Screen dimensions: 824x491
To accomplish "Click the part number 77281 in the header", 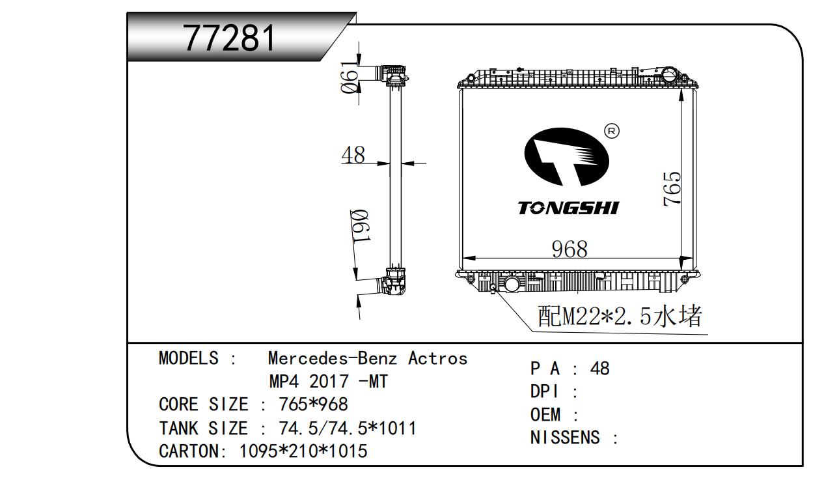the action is point(229,38).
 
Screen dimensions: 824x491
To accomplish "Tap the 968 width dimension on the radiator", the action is point(570,249).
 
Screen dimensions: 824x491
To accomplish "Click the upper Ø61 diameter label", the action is point(349,77).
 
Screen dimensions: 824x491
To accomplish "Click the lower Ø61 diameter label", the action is point(360,226).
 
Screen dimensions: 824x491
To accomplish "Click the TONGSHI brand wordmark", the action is point(568,208).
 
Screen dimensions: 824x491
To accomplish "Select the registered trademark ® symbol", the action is point(612,131).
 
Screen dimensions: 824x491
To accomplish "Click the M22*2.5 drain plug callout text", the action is point(620,316).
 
